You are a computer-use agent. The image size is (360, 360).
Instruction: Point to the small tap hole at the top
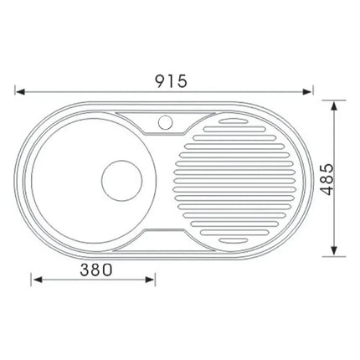tap(162, 121)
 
